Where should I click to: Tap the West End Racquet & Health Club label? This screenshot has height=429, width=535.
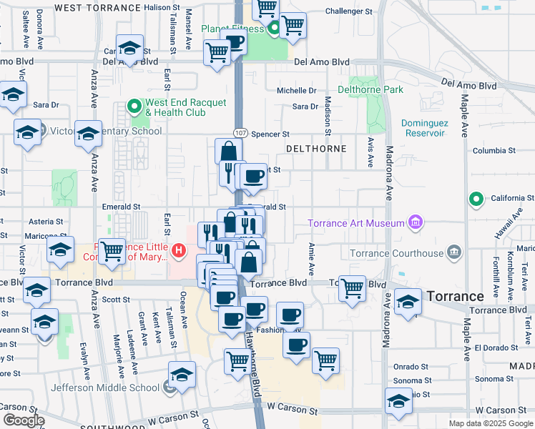tap(175, 107)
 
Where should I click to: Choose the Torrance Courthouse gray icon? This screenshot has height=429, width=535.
tap(453, 253)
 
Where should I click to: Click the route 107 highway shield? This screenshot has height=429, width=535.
tap(240, 134)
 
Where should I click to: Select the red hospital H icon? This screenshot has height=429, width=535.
tap(178, 252)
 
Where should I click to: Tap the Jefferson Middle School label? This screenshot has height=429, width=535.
tap(104, 388)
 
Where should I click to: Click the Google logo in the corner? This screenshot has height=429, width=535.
tap(24, 420)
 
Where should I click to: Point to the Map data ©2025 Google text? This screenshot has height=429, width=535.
tap(490, 423)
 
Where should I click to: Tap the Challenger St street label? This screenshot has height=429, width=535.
tap(349, 11)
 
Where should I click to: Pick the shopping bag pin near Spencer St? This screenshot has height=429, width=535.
tap(228, 152)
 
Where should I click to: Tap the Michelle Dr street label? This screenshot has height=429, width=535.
tap(297, 91)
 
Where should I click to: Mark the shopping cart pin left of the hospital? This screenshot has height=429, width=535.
tap(112, 252)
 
